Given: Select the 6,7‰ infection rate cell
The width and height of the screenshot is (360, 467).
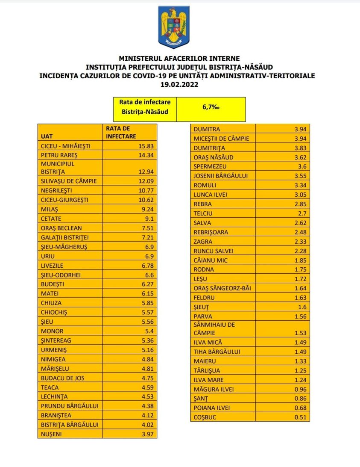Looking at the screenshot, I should (x=211, y=108).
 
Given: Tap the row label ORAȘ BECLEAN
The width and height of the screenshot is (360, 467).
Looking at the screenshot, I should (x=61, y=228).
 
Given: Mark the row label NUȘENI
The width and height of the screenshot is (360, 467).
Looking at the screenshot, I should (x=51, y=434).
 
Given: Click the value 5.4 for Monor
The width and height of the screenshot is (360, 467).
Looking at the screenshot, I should (x=146, y=331).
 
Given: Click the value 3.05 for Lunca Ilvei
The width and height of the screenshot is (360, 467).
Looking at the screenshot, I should (x=300, y=195).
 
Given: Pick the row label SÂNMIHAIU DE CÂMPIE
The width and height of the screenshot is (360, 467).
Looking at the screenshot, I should (x=214, y=328).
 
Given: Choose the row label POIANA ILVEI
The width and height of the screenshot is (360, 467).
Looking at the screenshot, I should (x=212, y=408).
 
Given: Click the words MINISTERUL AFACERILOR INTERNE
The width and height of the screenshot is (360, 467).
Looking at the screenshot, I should (x=179, y=58).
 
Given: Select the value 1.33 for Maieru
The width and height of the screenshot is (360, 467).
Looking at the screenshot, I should (x=300, y=361).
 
